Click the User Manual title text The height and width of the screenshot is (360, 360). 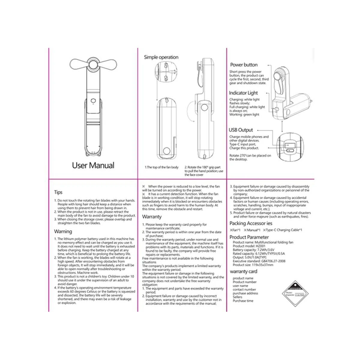93,165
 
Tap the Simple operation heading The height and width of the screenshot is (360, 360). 161,57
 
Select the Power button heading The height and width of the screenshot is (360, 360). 244,65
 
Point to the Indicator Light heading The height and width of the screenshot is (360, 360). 243,93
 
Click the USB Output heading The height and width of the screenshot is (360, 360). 241,130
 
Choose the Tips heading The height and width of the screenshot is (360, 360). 58,192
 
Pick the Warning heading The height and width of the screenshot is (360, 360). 63,231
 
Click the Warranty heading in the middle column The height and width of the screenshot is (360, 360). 152,217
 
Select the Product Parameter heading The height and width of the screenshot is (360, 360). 249,237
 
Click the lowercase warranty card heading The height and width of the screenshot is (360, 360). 244,271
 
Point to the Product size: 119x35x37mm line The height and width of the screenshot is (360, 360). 253,265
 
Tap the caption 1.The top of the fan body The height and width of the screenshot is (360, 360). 162,167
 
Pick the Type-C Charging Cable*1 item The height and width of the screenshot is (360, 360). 284,230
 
